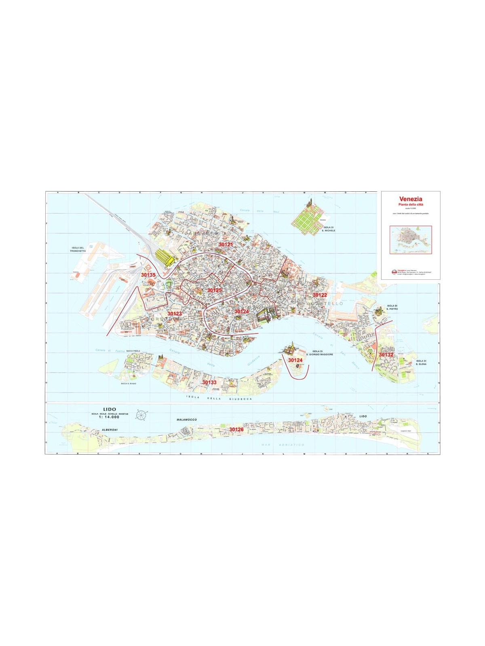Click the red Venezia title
click(411, 199)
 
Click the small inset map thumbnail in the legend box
click(411, 240)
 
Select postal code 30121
click(226, 245)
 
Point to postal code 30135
click(148, 275)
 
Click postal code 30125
click(214, 290)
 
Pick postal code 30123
click(175, 313)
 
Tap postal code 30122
click(319, 295)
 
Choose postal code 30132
click(386, 354)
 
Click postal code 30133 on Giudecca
click(209, 382)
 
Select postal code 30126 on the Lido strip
click(236, 429)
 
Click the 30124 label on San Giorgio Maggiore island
click(295, 360)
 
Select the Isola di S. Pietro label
click(392, 307)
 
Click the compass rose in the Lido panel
click(141, 415)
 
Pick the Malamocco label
click(187, 420)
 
